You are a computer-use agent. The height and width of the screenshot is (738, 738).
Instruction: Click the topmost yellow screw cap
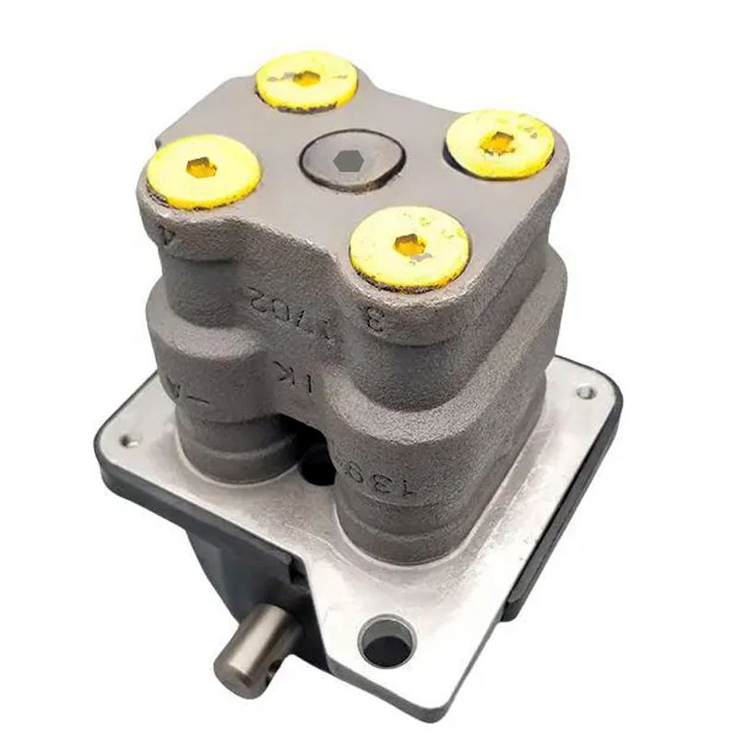click(306, 79)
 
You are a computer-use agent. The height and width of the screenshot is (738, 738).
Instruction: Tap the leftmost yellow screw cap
click(202, 170)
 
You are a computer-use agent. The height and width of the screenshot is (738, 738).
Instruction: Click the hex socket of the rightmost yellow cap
click(498, 141)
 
